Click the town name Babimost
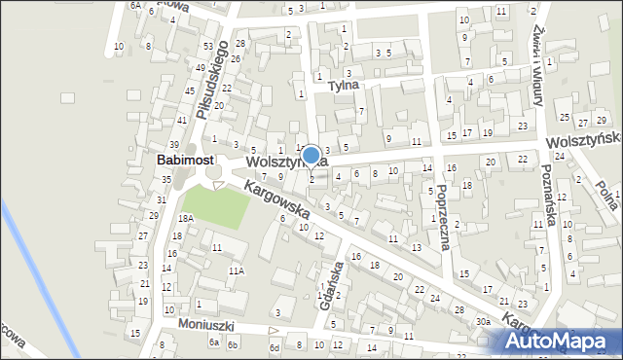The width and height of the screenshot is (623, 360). [186, 160]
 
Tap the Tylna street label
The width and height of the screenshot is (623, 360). [343, 85]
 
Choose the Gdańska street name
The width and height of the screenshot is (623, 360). [332, 285]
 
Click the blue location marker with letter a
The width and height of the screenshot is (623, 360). [311, 156]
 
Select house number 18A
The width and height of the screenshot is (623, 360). [185, 219]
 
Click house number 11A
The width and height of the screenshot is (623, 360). [236, 270]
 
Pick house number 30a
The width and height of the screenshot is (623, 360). [482, 321]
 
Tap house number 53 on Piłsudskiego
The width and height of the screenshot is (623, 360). [208, 47]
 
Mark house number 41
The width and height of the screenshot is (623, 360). [182, 120]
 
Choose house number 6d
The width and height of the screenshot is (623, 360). [275, 347]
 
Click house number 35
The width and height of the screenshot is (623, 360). [166, 180]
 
